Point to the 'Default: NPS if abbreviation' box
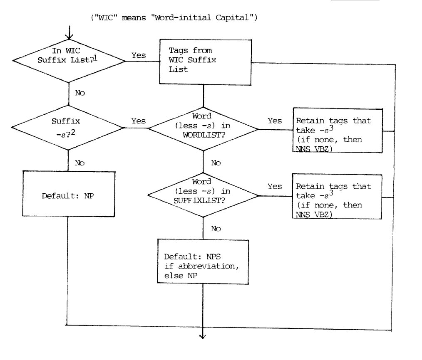203,261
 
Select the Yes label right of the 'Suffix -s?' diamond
139,121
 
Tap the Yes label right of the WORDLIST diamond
275,121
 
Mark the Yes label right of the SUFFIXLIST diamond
275,186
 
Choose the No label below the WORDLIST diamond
216,163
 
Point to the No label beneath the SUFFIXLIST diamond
216,228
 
